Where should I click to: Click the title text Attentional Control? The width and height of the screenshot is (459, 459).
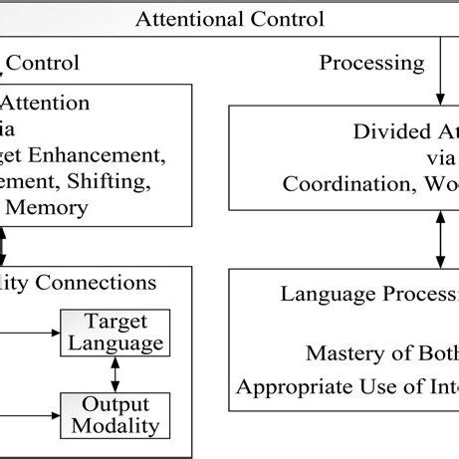229,18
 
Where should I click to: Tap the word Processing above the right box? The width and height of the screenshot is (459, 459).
371,63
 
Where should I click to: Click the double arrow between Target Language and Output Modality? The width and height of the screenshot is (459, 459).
115,373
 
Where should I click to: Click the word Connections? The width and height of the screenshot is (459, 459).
95,283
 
